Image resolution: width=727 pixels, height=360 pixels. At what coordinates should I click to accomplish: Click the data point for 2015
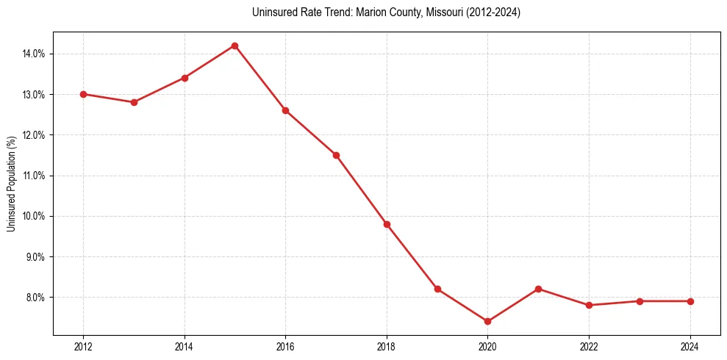(234, 46)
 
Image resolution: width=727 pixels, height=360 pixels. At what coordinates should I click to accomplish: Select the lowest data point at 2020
(487, 321)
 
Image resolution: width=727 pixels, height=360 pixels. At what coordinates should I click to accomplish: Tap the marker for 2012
(83, 94)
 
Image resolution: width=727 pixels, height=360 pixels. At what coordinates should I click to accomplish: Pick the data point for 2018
(387, 224)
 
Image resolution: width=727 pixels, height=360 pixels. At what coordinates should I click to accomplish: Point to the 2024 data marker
(690, 301)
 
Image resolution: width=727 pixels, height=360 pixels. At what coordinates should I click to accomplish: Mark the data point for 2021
(538, 289)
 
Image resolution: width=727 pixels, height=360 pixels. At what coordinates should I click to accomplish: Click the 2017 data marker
(336, 155)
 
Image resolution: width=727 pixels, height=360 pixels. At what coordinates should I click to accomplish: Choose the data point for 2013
(134, 102)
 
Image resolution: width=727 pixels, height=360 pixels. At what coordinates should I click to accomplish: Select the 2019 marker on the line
(437, 289)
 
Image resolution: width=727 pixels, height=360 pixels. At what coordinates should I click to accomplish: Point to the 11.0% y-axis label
(35, 176)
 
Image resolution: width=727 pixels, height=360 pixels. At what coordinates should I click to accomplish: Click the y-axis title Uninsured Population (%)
(11, 184)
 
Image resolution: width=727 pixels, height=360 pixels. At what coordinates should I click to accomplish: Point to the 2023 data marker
(640, 301)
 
